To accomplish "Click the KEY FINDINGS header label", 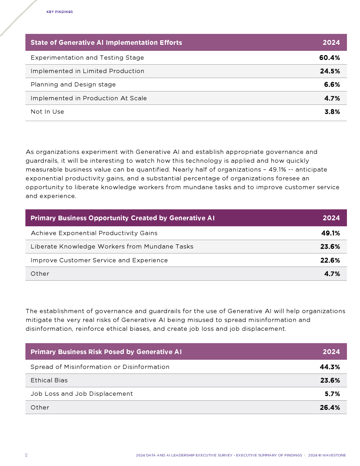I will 60,12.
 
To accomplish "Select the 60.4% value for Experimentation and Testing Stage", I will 329,58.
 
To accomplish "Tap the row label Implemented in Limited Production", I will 87,71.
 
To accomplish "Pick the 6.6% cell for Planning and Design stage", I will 332,85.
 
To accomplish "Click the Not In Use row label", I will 47,112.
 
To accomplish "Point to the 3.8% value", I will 332,112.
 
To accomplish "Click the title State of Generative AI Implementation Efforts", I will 106,43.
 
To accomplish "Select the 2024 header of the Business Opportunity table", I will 331,218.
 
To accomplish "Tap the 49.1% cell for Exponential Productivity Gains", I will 330,233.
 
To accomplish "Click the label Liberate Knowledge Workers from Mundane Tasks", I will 112,246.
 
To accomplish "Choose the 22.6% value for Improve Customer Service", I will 330,261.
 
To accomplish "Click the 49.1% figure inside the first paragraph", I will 277,169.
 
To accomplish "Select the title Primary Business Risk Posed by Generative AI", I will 106,352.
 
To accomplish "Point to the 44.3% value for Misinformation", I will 330,367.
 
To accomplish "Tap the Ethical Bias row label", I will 49,380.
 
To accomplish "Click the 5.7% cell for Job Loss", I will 332,394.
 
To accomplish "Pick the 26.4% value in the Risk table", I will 330,408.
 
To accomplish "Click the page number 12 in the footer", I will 26,455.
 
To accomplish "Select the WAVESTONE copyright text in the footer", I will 327,455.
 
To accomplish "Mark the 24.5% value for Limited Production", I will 330,71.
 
